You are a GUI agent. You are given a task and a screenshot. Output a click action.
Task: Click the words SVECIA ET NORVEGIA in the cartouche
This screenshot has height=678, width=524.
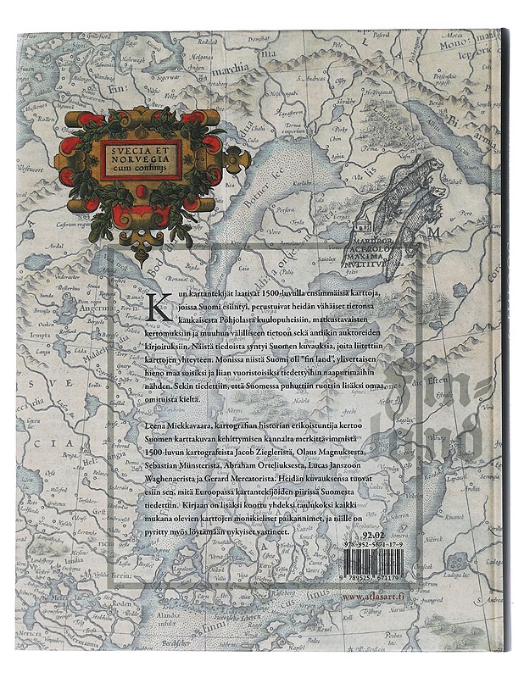pos(140,148)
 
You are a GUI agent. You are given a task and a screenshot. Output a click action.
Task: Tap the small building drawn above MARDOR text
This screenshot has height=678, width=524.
pos(364,223)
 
